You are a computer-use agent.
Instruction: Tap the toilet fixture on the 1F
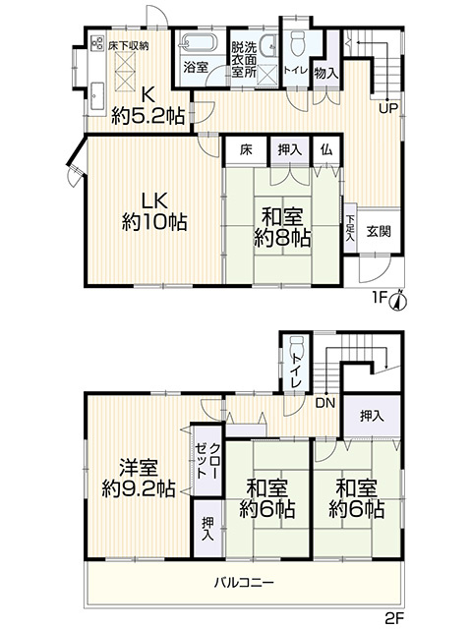(x=298, y=43)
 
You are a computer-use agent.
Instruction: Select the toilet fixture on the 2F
(x=297, y=344)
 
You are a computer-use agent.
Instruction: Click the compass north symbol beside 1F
(x=398, y=300)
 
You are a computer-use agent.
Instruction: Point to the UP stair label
(x=388, y=108)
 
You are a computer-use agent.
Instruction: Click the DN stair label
(x=325, y=403)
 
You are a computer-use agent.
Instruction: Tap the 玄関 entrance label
(x=379, y=232)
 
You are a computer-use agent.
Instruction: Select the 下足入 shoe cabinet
(x=350, y=227)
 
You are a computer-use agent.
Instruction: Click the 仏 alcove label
(x=326, y=150)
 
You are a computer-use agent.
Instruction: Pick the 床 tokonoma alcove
(x=246, y=150)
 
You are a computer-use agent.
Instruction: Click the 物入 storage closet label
(x=326, y=73)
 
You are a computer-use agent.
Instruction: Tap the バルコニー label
(x=244, y=582)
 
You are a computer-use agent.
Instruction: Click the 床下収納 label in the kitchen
(x=128, y=46)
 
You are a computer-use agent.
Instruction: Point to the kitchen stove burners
(x=97, y=43)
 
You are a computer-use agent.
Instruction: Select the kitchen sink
(x=97, y=95)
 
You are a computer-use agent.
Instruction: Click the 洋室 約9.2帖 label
(x=138, y=478)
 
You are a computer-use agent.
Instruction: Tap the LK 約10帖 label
(x=154, y=211)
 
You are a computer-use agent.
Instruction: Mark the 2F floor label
(x=395, y=618)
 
